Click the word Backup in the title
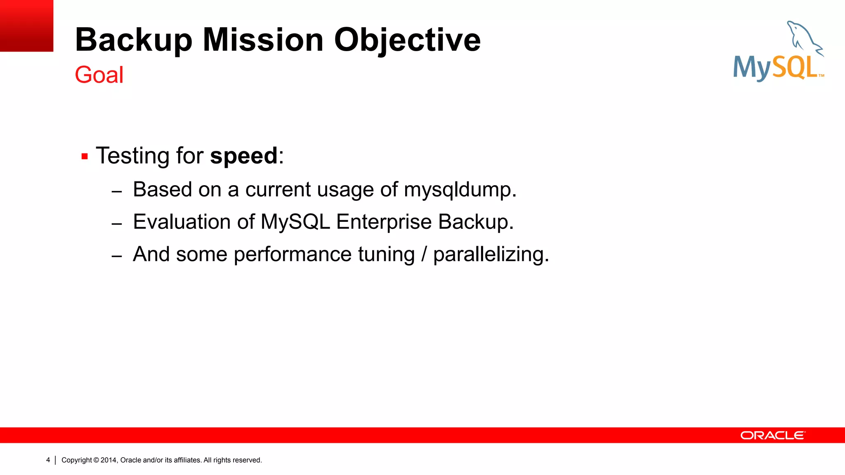[x=134, y=40]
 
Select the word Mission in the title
[x=263, y=40]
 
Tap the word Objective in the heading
[x=407, y=40]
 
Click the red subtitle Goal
[x=99, y=75]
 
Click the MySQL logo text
[x=776, y=68]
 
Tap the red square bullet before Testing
[x=85, y=157]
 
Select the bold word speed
[x=244, y=156]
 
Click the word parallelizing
[x=491, y=254]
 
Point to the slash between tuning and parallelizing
[x=424, y=254]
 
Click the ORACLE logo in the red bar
[x=772, y=435]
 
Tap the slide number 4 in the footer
[x=48, y=460]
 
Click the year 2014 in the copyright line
[x=109, y=460]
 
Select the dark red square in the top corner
[x=26, y=26]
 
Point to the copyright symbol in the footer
[x=96, y=460]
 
